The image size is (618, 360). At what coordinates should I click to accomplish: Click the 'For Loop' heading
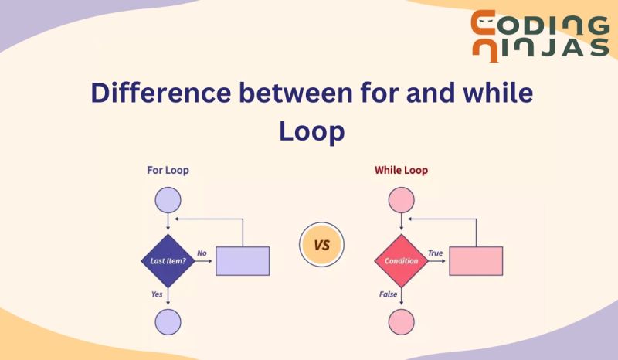click(168, 170)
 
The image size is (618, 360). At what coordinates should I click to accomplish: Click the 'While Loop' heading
click(401, 170)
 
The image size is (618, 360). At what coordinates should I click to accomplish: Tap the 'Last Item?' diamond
click(168, 261)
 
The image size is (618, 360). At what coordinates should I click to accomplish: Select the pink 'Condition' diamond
click(401, 261)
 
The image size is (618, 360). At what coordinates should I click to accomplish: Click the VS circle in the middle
click(321, 246)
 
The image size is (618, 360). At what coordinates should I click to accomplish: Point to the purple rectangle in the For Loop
click(243, 261)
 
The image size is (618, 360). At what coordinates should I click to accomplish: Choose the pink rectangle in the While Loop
click(476, 261)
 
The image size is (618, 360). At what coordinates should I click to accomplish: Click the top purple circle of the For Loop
click(168, 200)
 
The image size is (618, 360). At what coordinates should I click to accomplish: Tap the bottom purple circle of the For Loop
click(168, 321)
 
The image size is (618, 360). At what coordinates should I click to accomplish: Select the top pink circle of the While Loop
click(401, 200)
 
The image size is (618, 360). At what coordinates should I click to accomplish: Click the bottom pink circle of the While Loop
click(401, 321)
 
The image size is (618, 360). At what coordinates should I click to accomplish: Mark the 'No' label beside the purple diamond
click(202, 253)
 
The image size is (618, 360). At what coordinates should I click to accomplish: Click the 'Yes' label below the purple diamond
click(156, 294)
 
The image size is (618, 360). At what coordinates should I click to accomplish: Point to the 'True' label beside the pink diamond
click(435, 253)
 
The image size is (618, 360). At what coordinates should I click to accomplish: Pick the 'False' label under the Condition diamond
click(388, 294)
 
